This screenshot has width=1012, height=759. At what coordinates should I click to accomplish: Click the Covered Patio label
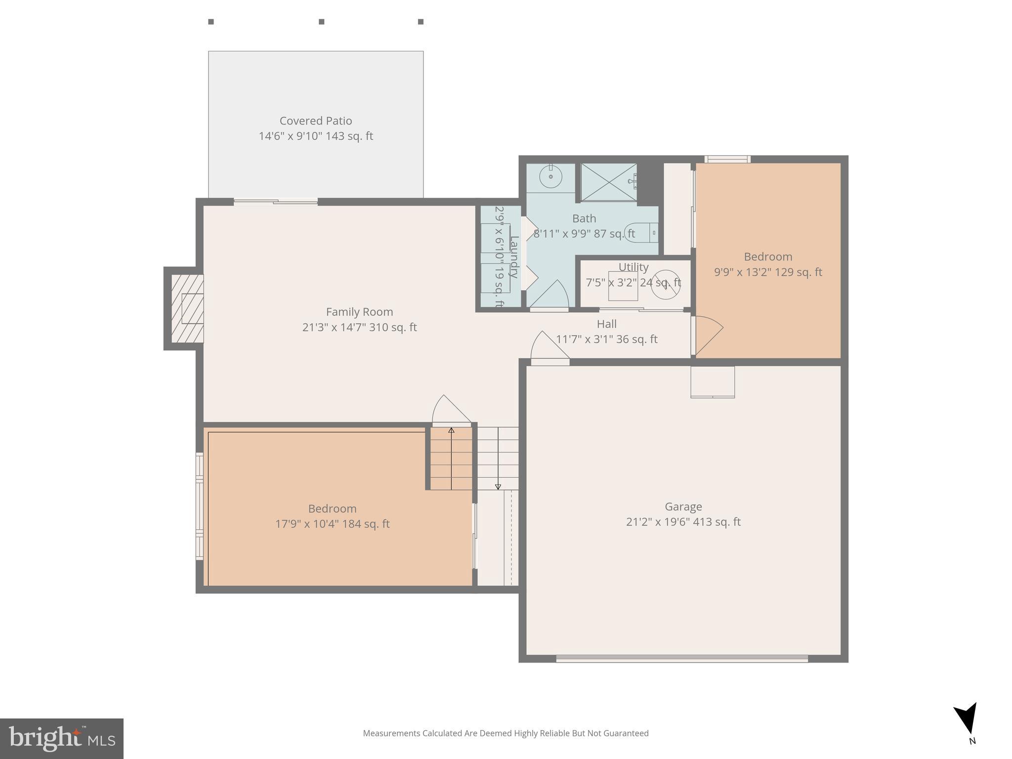[316, 121]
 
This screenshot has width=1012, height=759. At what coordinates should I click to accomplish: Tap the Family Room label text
[359, 312]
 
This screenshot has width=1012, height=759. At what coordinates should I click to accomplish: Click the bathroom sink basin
[550, 177]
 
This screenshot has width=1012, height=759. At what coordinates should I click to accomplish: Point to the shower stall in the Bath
[609, 182]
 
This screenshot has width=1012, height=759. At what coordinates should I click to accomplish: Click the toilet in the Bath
[640, 232]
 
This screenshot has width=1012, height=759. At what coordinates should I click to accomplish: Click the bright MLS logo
[61, 739]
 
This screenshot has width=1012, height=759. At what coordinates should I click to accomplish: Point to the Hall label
[606, 324]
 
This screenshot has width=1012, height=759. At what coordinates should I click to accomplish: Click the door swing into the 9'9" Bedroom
[708, 336]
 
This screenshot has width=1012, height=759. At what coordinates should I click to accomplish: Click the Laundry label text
[514, 257]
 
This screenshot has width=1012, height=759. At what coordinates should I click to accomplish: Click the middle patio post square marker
[321, 22]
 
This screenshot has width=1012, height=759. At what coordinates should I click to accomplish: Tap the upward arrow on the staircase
[451, 431]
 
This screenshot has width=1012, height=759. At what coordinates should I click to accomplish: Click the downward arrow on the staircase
[498, 486]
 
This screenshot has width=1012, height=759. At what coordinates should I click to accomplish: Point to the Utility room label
[633, 267]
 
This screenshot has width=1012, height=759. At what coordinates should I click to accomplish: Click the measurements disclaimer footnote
[506, 733]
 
